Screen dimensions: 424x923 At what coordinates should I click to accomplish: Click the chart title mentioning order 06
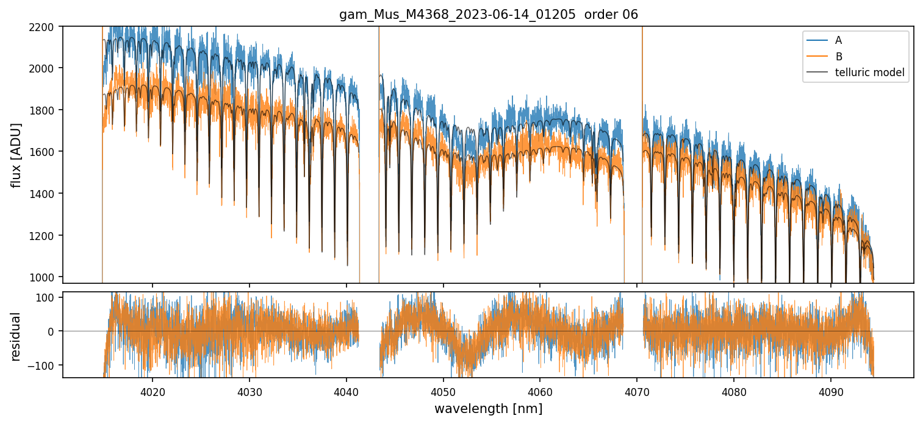coord(488,15)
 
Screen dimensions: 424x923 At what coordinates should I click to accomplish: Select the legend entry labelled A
coord(838,40)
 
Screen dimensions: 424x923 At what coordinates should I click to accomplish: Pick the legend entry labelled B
coord(838,57)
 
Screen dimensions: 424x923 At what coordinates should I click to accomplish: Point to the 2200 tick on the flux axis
coord(45,26)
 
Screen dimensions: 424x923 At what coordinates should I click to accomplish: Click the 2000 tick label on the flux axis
coord(45,68)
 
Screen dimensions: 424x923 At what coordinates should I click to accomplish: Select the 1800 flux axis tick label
coord(45,110)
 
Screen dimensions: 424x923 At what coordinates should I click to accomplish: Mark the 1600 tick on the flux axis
coord(45,152)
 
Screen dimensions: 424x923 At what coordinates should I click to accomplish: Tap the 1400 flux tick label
coord(45,194)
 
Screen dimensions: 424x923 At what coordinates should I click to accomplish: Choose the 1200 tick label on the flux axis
coord(45,235)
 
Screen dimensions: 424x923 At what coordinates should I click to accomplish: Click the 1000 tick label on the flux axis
coord(45,277)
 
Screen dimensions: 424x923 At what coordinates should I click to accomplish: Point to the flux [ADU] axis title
coord(16,155)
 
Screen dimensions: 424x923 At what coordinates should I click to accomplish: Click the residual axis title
coord(16,336)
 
